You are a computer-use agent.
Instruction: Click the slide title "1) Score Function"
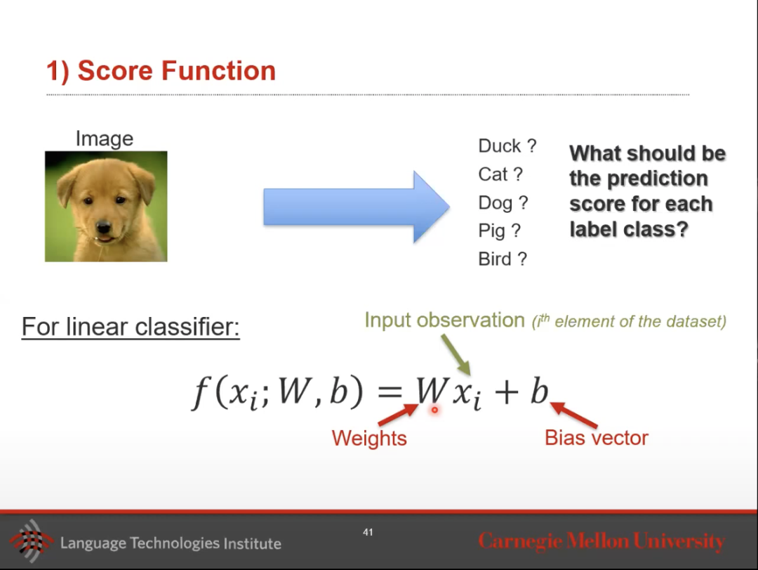(161, 71)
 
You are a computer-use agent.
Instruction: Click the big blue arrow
(357, 207)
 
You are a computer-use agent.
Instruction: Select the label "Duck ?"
(507, 145)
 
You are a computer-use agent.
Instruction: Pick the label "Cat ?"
(500, 174)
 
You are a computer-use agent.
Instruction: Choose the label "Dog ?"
(503, 203)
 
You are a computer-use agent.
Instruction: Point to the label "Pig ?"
(500, 231)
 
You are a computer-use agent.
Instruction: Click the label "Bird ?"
(503, 259)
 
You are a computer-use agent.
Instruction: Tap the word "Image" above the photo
(105, 139)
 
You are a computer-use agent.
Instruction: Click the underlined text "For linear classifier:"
(131, 327)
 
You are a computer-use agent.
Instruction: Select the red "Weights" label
(369, 439)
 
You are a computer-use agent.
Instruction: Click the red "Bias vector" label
(596, 438)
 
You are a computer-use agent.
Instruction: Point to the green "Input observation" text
(444, 320)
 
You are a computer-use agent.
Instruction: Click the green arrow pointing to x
(456, 355)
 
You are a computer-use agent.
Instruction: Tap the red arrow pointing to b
(574, 415)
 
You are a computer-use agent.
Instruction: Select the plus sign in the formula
(507, 391)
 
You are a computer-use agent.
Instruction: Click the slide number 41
(368, 532)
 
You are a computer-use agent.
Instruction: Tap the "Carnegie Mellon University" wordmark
(601, 541)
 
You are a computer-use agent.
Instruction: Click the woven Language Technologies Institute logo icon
(32, 541)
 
